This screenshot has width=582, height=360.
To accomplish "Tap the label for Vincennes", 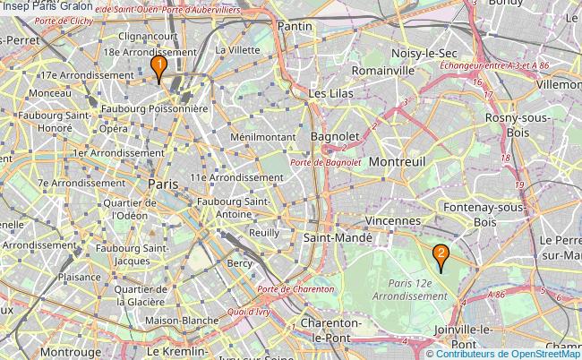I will point(392,220).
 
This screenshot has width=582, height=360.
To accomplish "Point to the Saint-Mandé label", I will point(338,238).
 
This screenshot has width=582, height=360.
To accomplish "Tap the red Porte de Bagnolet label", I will point(326,162).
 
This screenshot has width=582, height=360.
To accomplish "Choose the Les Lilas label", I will point(330,93).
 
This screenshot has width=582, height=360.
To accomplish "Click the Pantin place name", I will point(295,27).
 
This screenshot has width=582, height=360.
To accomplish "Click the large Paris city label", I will point(164,183).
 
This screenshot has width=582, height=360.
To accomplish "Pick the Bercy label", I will point(240,263).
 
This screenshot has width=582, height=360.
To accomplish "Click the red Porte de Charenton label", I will point(295,289).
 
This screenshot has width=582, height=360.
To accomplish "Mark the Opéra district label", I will point(113,128).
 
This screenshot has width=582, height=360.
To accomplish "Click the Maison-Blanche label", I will point(182,320).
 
